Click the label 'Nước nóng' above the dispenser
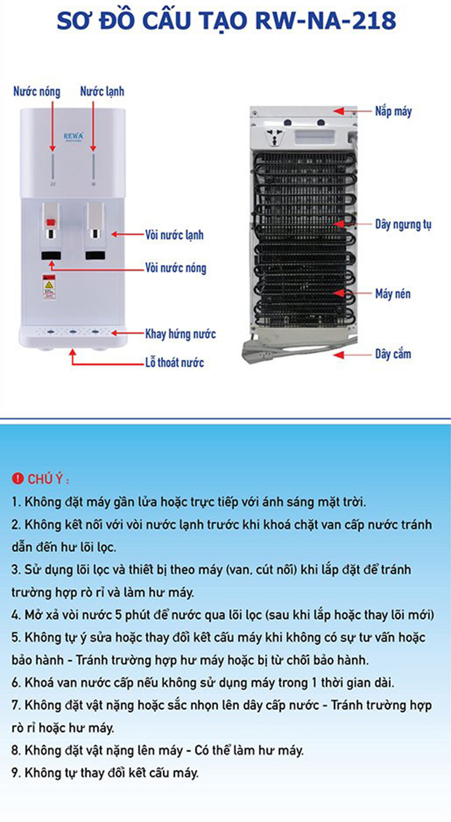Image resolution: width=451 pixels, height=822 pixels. [37, 91]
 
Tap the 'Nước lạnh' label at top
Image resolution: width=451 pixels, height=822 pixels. [102, 91]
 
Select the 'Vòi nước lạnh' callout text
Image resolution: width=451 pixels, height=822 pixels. [174, 235]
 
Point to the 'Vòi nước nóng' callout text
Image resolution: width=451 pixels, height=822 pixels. [176, 268]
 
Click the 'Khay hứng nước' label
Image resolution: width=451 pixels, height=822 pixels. [180, 334]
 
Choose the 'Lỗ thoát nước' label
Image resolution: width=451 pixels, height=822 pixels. [174, 363]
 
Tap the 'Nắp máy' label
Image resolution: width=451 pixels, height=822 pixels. [393, 111]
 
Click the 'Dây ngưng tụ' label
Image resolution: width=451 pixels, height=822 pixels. [403, 224]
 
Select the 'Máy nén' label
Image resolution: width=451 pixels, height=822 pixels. [393, 294]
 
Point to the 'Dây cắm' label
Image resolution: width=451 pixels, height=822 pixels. [393, 354]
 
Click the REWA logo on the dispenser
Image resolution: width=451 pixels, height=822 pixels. [73, 136]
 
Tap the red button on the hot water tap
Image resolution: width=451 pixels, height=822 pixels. [51, 222]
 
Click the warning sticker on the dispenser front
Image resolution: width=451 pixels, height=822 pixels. [49, 287]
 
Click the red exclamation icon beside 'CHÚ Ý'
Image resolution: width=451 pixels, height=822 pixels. [17, 478]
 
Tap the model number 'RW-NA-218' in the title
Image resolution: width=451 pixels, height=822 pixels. [325, 20]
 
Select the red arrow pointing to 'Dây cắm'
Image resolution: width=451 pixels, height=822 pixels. [352, 355]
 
